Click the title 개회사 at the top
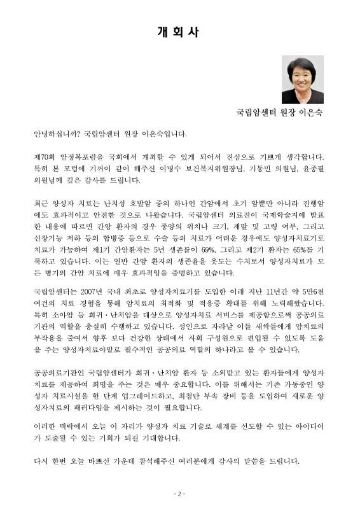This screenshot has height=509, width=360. [x=180, y=31]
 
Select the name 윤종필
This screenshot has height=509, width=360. [x=310, y=169]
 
